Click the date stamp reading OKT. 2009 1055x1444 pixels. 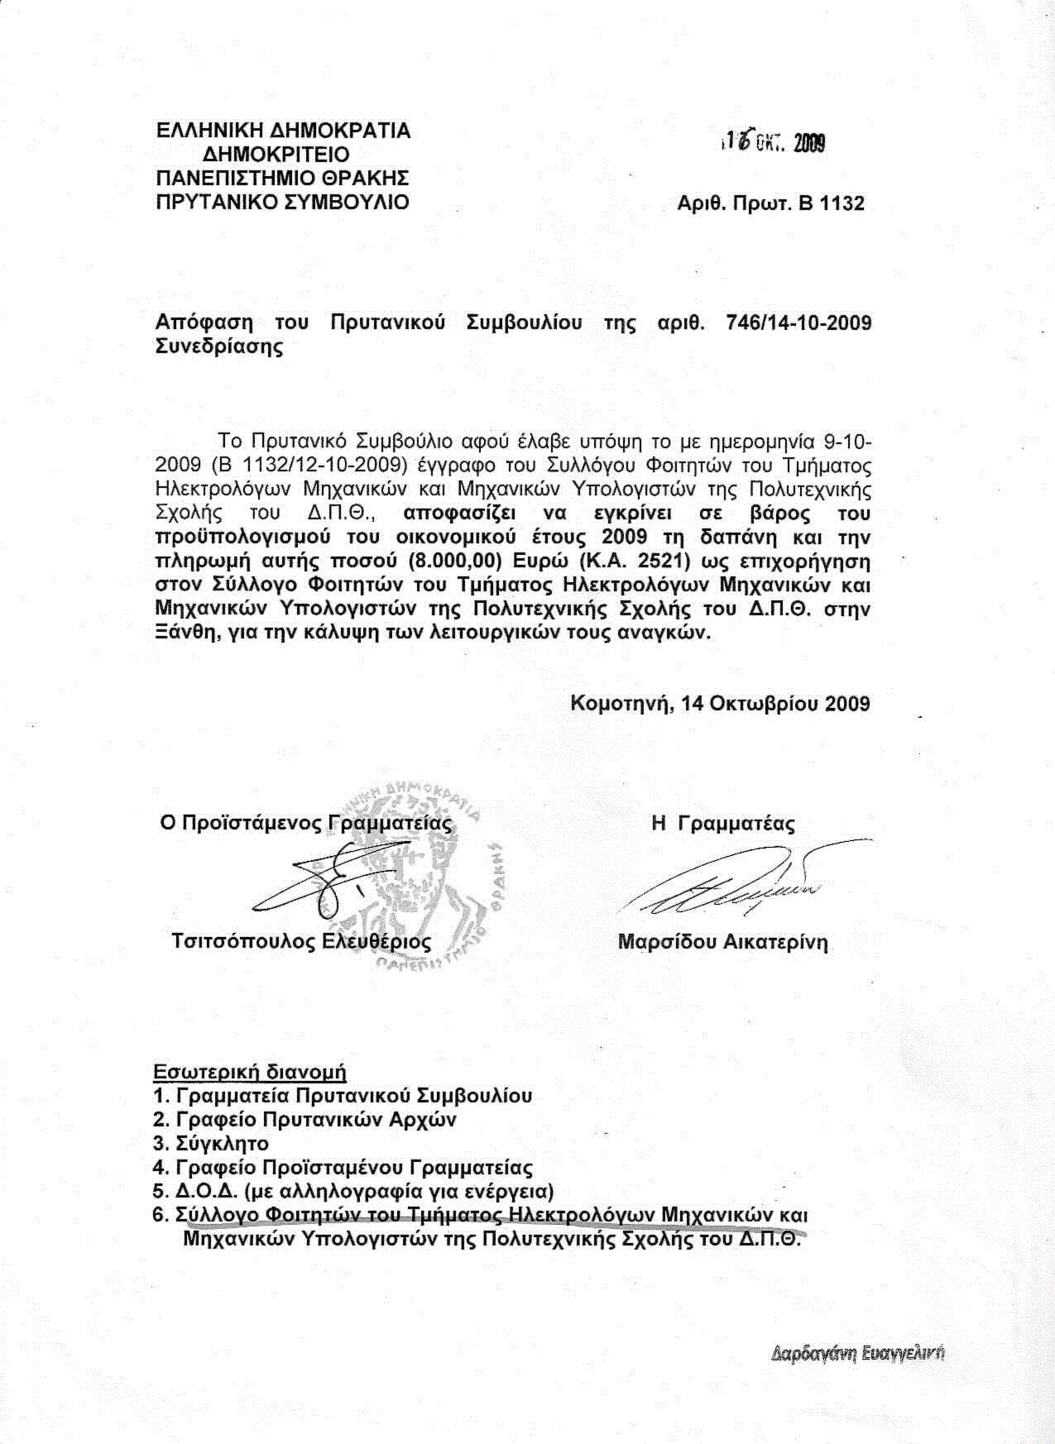[x=774, y=143]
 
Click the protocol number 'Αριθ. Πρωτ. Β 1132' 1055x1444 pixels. [x=770, y=203]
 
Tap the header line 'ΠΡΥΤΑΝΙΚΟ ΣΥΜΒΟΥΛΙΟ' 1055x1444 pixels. [x=282, y=202]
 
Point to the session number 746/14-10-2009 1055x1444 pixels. [x=798, y=323]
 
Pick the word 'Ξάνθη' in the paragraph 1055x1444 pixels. [x=184, y=634]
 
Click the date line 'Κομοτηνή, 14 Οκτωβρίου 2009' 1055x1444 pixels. [x=720, y=704]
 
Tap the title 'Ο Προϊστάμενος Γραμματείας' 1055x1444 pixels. [x=306, y=824]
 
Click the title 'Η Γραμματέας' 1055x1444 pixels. [x=722, y=824]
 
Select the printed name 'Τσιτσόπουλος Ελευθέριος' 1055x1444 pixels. [x=301, y=942]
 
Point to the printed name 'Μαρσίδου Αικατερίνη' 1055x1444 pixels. [x=722, y=942]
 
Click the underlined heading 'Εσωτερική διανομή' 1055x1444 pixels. [x=250, y=1073]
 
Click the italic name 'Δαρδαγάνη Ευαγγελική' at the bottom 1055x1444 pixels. [x=857, y=1354]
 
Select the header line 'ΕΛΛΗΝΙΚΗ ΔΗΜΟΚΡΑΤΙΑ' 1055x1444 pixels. [x=283, y=131]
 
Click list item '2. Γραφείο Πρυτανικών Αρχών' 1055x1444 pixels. [x=305, y=1120]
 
